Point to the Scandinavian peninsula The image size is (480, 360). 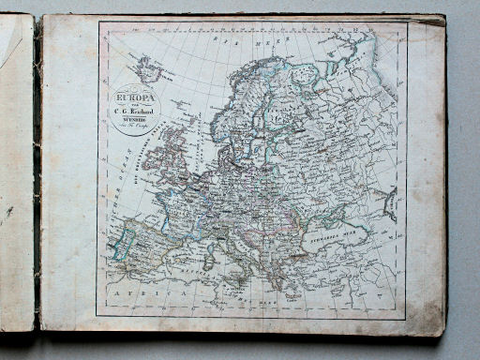pyautogui.click(x=244, y=112)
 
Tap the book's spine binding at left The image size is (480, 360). pyautogui.click(x=37, y=178)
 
